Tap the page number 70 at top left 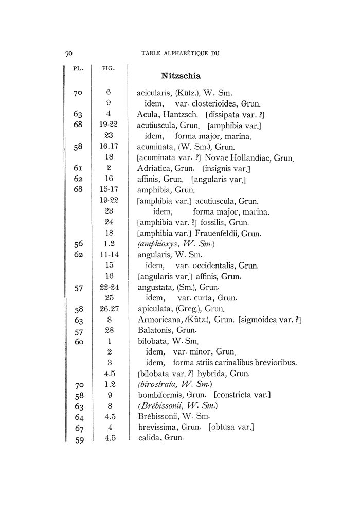pyautogui.click(x=70, y=52)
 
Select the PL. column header pyautogui.click(x=78, y=67)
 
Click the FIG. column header pyautogui.click(x=109, y=67)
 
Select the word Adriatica pyautogui.click(x=155, y=168)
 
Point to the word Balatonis pyautogui.click(x=155, y=330)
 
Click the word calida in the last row pyautogui.click(x=149, y=438)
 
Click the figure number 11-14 pyautogui.click(x=109, y=255)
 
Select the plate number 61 pyautogui.click(x=78, y=168)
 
